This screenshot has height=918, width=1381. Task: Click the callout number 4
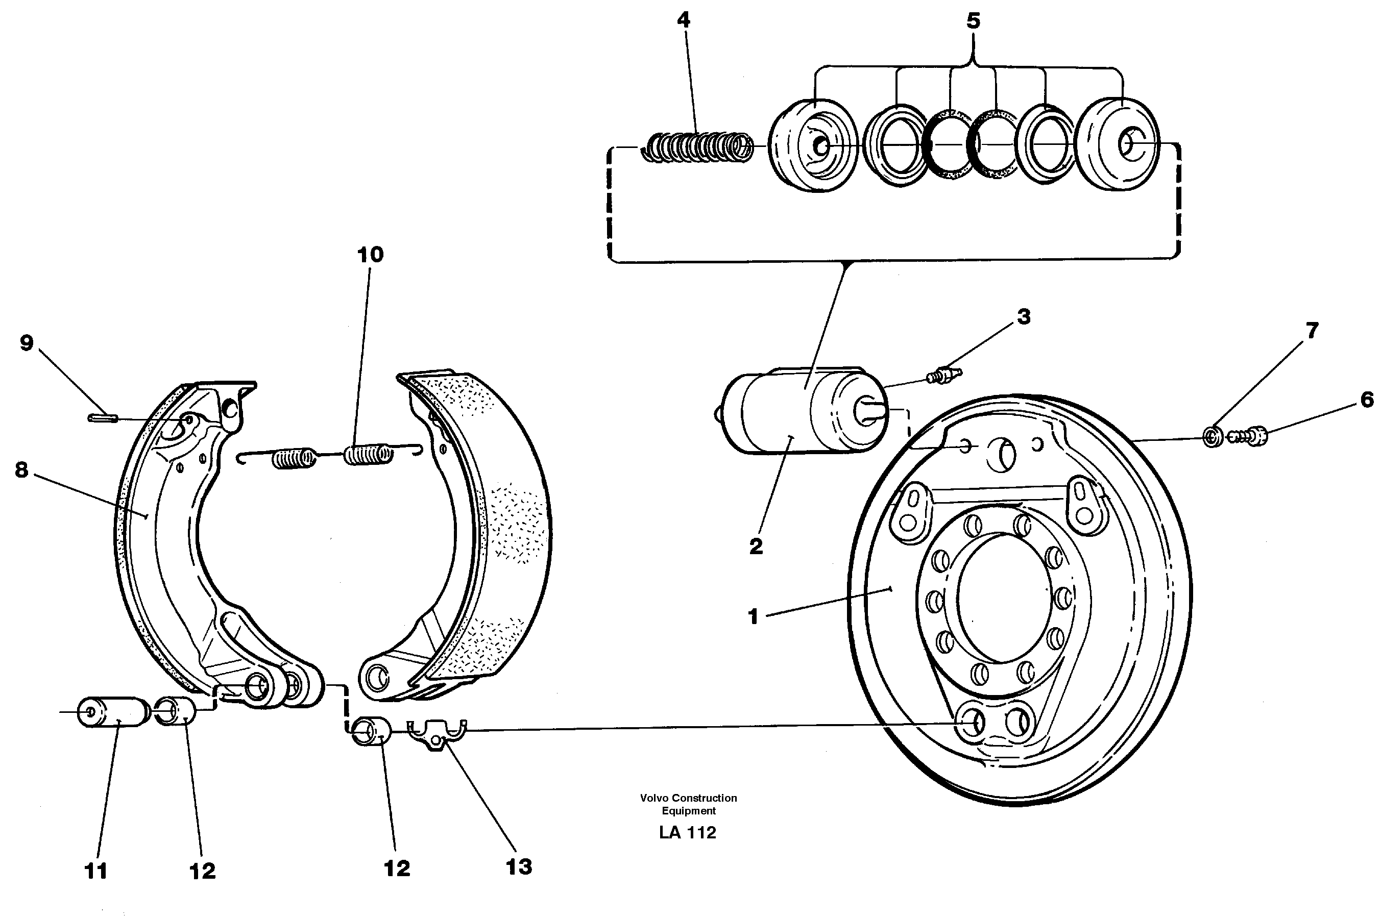[x=684, y=20]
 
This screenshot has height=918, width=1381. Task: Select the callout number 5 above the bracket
[x=972, y=21]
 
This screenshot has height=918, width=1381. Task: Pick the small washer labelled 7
[x=1213, y=437]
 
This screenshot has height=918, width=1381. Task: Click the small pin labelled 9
[x=103, y=417]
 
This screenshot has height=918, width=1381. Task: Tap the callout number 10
[x=370, y=255]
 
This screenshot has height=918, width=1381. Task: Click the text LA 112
[x=688, y=832]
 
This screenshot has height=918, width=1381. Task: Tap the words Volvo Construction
[x=688, y=798]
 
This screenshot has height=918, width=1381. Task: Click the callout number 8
[x=21, y=469]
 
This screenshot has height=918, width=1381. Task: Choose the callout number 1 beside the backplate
[x=753, y=616]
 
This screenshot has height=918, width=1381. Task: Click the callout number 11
[x=96, y=871]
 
